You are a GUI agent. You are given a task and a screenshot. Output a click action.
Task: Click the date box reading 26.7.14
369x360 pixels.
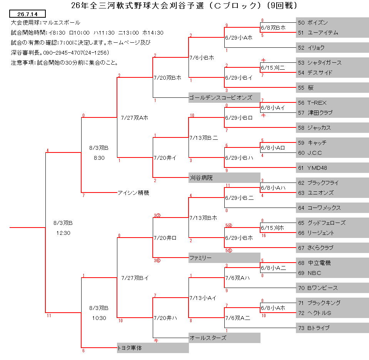click(x=27, y=14)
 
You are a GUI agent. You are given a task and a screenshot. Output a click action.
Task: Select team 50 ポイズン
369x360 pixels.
click(x=313, y=23)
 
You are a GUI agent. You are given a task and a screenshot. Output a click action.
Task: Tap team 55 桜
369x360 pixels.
click(x=306, y=87)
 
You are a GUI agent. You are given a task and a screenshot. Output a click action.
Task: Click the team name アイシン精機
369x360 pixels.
click(x=134, y=193)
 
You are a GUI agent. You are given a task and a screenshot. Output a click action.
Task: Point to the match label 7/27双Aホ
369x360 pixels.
click(x=134, y=118)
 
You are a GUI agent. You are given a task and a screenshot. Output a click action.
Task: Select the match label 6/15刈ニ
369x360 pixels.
click(x=273, y=68)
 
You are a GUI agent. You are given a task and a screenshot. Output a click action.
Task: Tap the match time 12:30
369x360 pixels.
click(x=63, y=233)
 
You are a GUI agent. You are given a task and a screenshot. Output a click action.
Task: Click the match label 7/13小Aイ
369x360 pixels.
click(x=203, y=298)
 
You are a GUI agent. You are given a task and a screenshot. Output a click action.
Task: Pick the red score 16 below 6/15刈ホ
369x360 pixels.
click(x=264, y=236)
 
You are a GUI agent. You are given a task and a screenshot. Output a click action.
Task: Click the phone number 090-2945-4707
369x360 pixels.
click(x=63, y=52)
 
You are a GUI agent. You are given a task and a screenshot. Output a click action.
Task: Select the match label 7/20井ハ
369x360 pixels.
click(x=165, y=318)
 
